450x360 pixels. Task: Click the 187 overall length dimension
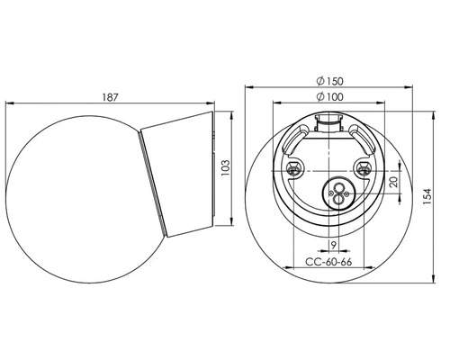point(111,97)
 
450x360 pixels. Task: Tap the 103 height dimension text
point(226,168)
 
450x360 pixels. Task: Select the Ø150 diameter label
point(329,81)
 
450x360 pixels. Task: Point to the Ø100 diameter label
point(329,97)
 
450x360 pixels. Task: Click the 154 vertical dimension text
point(427,196)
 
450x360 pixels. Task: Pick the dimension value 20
point(394,182)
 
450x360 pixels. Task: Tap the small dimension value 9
point(333,246)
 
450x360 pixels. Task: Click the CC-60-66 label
point(328,262)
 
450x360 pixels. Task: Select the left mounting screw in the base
point(293,168)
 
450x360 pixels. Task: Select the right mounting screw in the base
point(363,168)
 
